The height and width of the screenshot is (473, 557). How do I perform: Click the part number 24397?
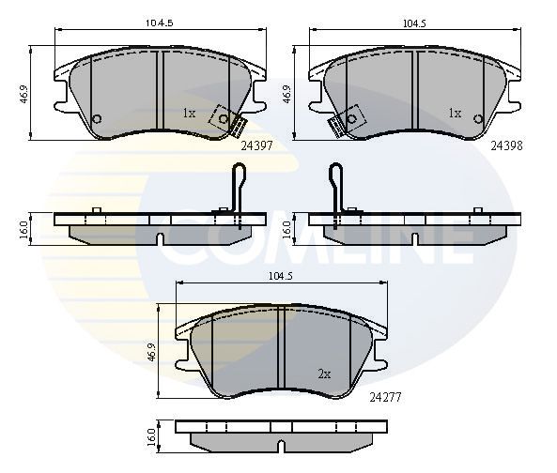(256, 145)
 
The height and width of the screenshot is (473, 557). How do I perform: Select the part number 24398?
(506, 145)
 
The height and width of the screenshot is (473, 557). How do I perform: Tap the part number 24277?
(385, 397)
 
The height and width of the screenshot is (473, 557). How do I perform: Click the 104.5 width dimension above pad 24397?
(160, 23)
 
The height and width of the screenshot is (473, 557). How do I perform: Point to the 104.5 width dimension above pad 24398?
(414, 23)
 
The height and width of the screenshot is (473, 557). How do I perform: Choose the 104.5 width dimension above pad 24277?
(281, 276)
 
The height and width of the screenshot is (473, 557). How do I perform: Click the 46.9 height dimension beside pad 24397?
(23, 94)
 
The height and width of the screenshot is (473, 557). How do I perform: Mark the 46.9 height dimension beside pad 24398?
(287, 94)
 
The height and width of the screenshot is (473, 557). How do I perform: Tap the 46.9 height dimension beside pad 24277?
(151, 352)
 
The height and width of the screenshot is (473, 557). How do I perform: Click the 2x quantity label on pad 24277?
(324, 374)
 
